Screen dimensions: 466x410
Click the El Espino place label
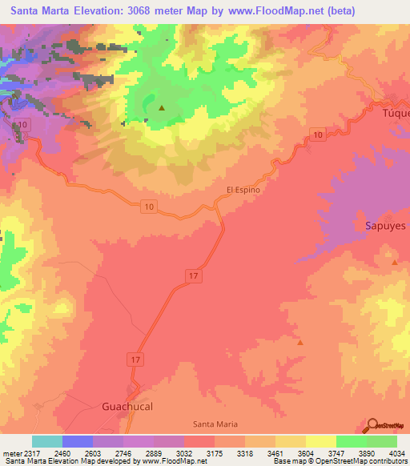244,190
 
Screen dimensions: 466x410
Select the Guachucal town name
127,406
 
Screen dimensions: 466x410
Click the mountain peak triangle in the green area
162,107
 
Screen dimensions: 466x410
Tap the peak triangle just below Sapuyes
394,262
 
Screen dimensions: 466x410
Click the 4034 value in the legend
388,453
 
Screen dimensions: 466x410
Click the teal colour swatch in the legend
47,441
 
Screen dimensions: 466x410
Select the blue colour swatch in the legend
78,441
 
